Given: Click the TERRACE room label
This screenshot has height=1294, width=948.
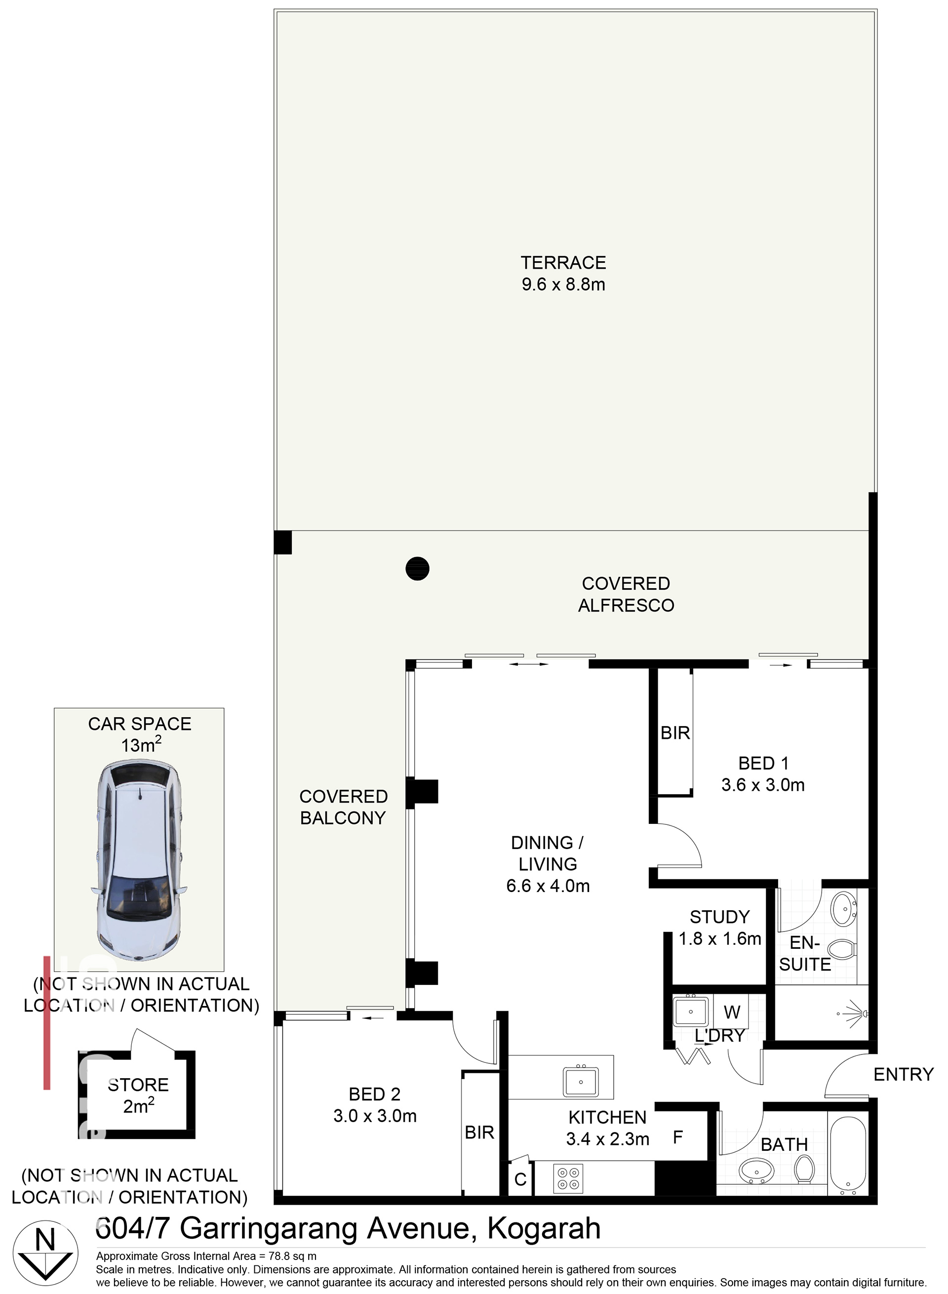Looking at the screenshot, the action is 563,262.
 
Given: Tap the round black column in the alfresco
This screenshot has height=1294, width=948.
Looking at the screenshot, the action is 417,568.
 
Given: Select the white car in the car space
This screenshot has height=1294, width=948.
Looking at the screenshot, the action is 138,859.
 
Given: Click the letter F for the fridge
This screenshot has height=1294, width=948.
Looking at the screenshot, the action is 678,1137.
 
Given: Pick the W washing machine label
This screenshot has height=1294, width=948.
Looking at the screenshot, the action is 732,1011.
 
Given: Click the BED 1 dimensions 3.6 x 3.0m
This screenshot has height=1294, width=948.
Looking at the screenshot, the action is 763,785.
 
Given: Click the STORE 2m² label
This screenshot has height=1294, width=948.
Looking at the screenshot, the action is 138,1095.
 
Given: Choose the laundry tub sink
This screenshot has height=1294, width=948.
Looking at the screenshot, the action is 690,1012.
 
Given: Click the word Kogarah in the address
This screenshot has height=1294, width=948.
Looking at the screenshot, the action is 544,1228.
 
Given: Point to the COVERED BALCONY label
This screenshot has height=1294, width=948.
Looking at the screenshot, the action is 343,807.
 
